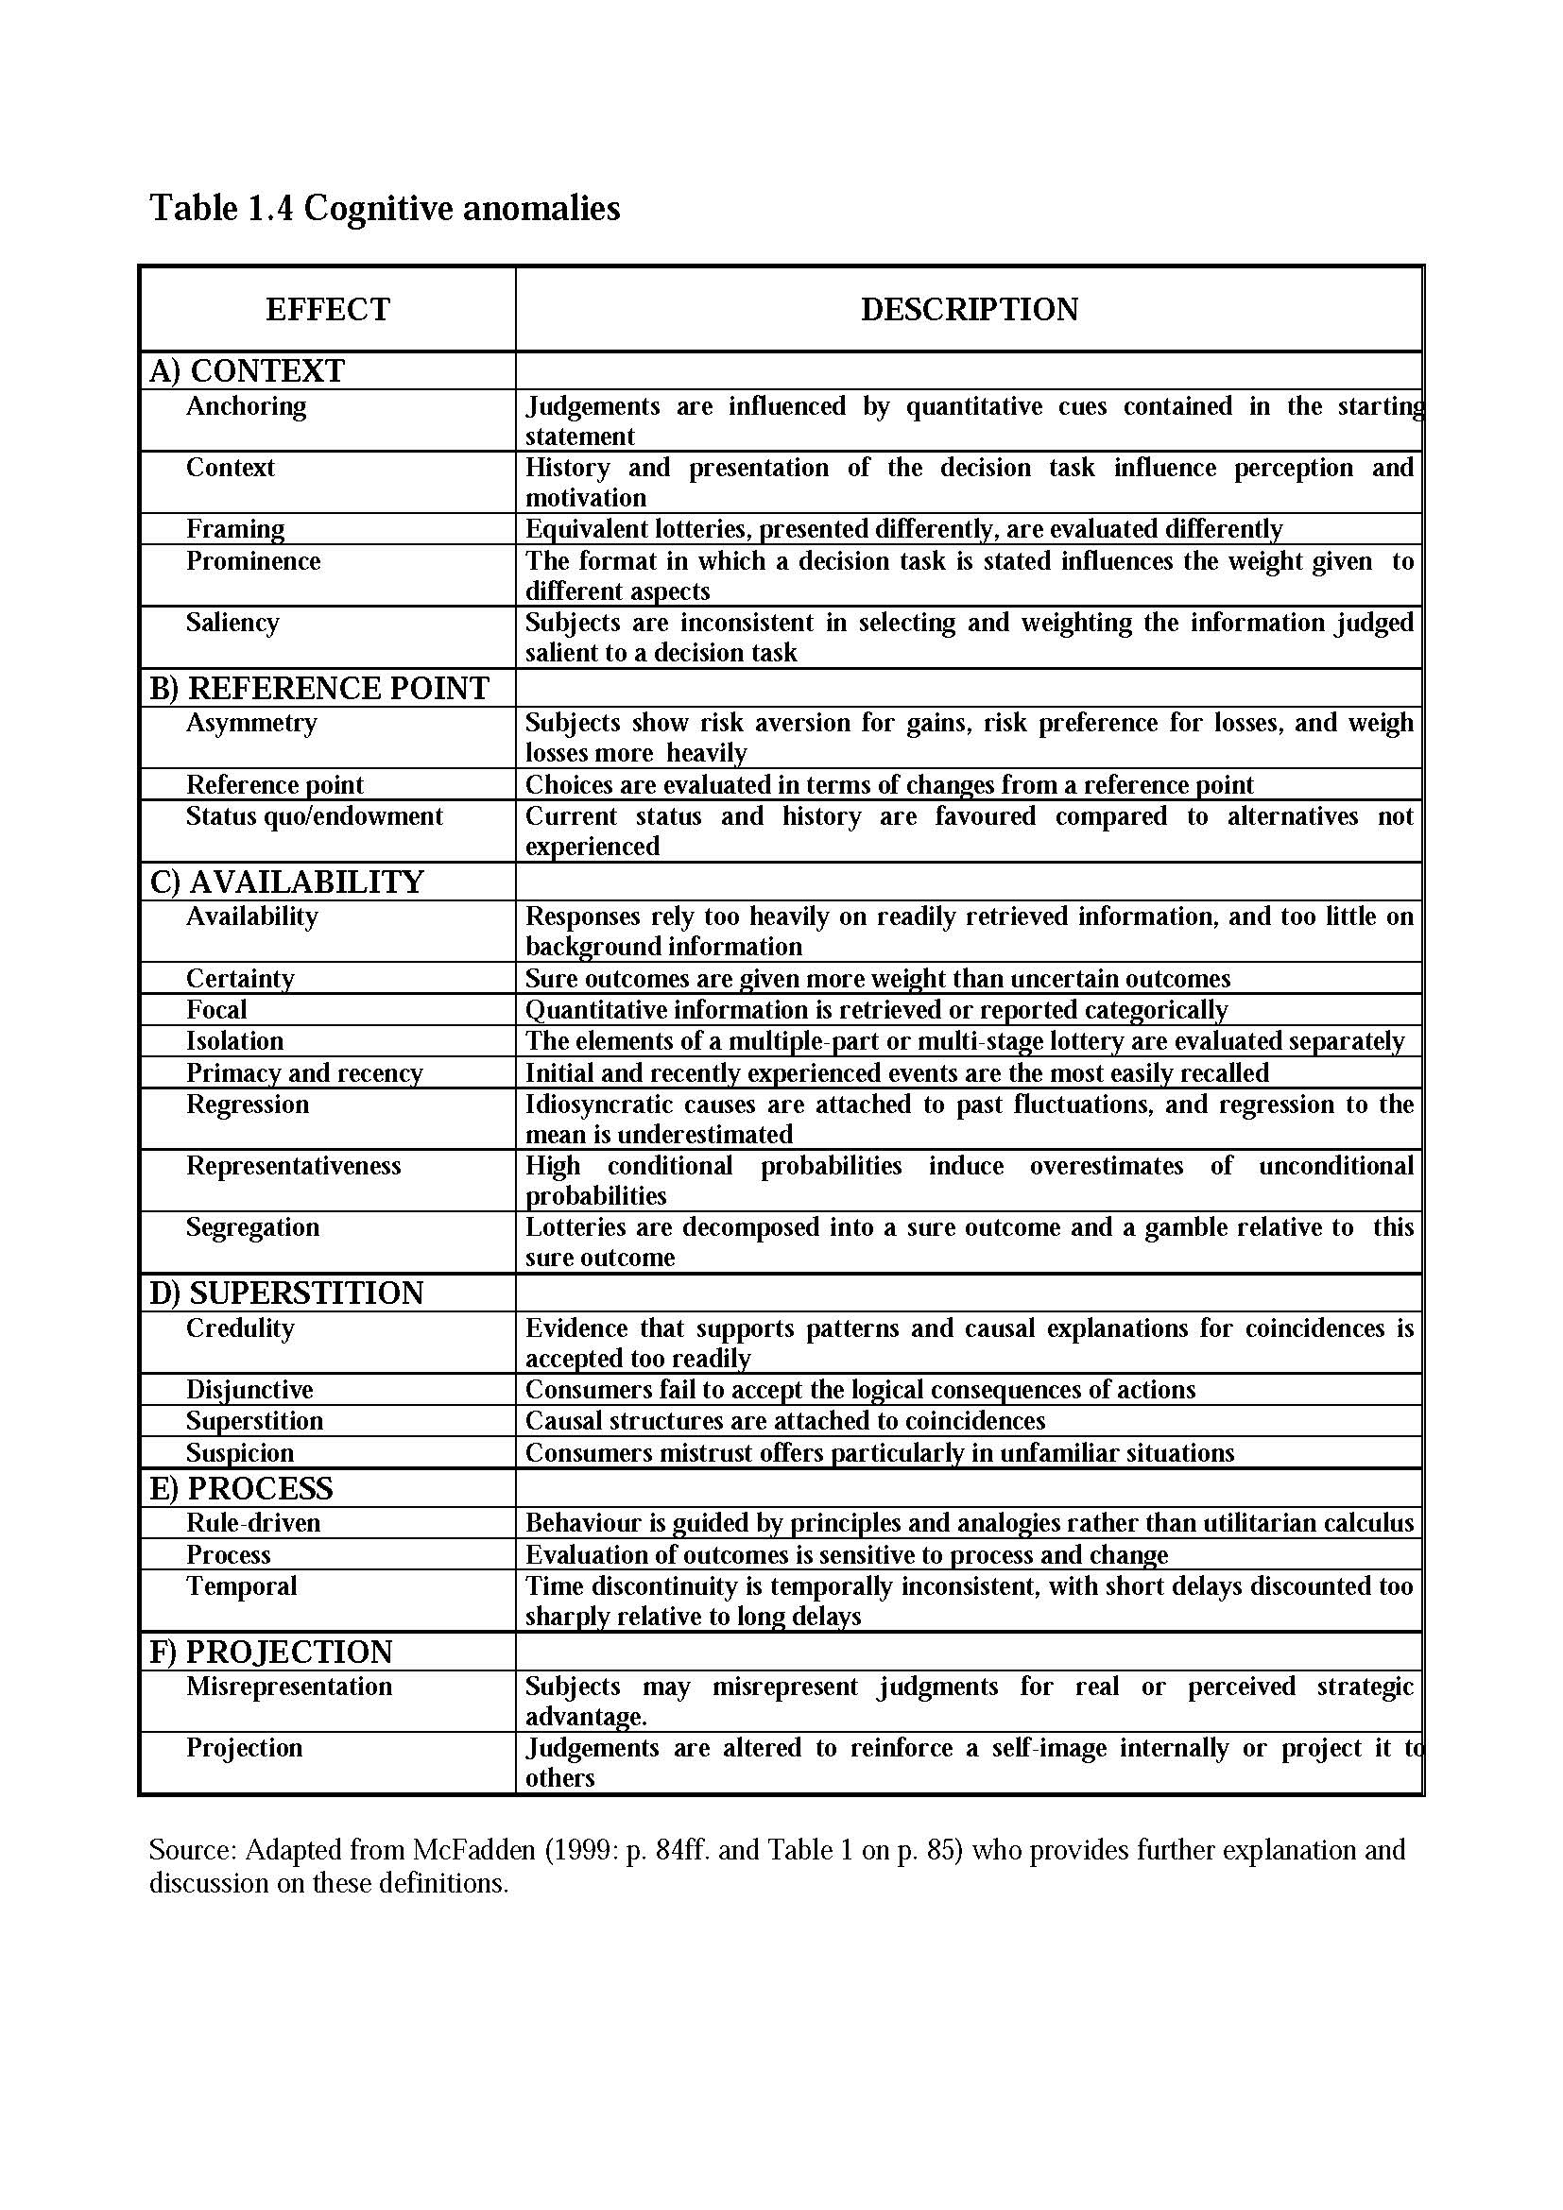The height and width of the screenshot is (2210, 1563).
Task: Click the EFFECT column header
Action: pyautogui.click(x=327, y=309)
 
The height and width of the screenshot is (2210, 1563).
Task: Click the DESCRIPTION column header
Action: pyautogui.click(x=969, y=309)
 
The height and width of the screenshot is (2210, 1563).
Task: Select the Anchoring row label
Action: pyautogui.click(x=246, y=406)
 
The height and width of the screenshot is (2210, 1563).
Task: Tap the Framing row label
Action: pyautogui.click(x=235, y=528)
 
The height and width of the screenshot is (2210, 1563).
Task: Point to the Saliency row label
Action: pyautogui.click(x=232, y=622)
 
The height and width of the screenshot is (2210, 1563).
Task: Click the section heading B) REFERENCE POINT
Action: pyautogui.click(x=318, y=688)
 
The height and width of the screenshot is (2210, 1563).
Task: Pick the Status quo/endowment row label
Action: pyautogui.click(x=314, y=816)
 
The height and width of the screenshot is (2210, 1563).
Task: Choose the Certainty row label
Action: pyautogui.click(x=240, y=978)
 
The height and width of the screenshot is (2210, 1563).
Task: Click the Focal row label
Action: pyautogui.click(x=216, y=1010)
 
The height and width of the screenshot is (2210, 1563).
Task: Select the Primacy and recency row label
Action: pyautogui.click(x=304, y=1072)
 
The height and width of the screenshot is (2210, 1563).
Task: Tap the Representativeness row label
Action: pyautogui.click(x=293, y=1166)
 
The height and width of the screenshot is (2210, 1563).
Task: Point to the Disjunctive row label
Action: pyautogui.click(x=249, y=1389)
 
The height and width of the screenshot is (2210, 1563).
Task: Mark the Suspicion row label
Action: pyautogui.click(x=240, y=1452)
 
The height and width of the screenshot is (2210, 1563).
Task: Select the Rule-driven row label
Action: pyautogui.click(x=253, y=1523)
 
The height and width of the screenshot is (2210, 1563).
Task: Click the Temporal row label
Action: pyautogui.click(x=241, y=1585)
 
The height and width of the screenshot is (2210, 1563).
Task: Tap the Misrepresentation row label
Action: pyautogui.click(x=289, y=1687)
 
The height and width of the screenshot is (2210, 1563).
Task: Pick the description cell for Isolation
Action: pyautogui.click(x=965, y=1040)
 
